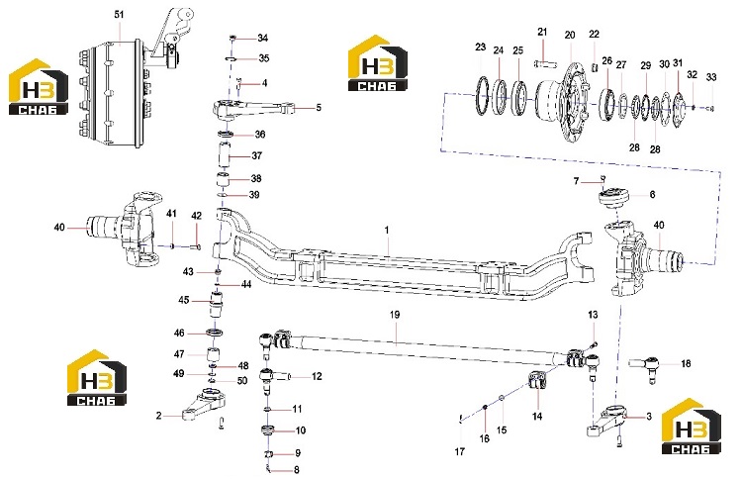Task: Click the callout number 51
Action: click(x=119, y=14)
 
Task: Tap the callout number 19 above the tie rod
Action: click(x=395, y=315)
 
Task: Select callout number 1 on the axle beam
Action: click(x=387, y=230)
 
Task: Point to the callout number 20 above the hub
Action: click(x=570, y=35)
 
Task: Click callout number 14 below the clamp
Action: click(x=537, y=417)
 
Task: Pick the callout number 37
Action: click(x=256, y=155)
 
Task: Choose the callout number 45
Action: click(x=184, y=300)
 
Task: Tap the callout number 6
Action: click(x=652, y=195)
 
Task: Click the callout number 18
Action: click(x=686, y=363)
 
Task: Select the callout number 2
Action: click(x=159, y=416)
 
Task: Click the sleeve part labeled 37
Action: click(x=224, y=155)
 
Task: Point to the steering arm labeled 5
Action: click(x=252, y=109)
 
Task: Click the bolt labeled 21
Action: click(x=545, y=63)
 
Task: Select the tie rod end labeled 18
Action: click(x=644, y=367)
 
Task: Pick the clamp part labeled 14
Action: click(x=537, y=380)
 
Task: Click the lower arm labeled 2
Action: click(x=204, y=406)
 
